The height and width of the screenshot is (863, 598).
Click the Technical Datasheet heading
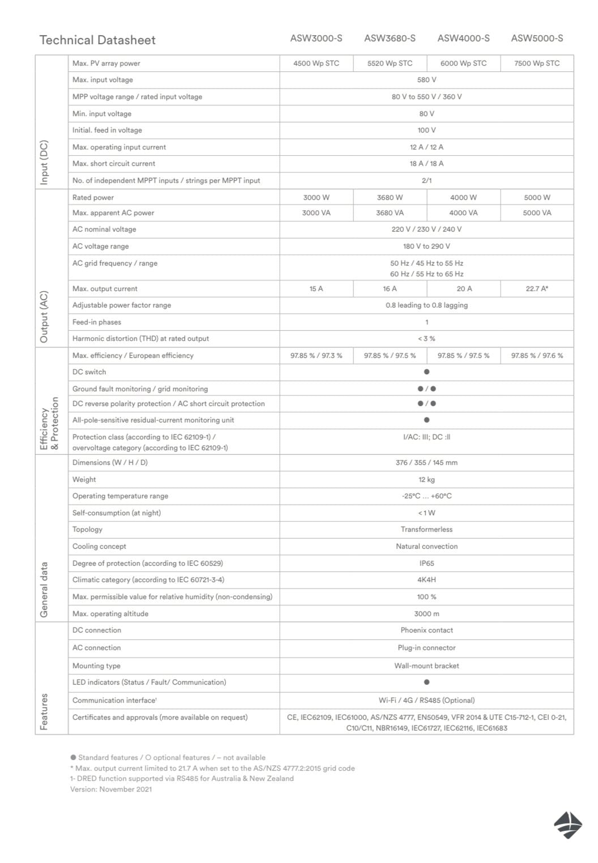(97, 40)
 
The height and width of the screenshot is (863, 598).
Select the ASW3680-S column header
(390, 39)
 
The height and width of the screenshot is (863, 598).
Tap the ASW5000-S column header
(537, 39)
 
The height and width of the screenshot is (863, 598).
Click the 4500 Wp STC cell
(316, 63)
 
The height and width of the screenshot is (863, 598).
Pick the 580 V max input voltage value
(426, 80)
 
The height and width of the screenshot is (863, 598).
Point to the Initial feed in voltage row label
(107, 130)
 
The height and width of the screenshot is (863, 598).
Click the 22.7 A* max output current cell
(537, 289)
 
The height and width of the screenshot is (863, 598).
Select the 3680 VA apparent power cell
(390, 213)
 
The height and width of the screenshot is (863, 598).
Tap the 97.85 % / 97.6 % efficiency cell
(537, 356)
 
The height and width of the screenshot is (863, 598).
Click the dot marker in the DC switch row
(426, 372)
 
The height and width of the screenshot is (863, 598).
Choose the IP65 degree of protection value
(426, 563)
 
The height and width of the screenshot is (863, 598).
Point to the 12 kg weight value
(426, 480)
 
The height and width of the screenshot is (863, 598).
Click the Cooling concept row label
(99, 546)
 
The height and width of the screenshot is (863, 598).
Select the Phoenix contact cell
(426, 630)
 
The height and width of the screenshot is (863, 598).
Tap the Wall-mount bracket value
(426, 666)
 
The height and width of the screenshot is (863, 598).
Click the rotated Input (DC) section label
(44, 163)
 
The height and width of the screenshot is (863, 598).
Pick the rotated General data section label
(44, 589)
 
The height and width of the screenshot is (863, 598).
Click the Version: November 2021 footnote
(111, 789)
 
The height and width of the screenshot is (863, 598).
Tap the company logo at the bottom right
(568, 824)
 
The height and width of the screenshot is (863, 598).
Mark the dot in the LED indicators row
(426, 682)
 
